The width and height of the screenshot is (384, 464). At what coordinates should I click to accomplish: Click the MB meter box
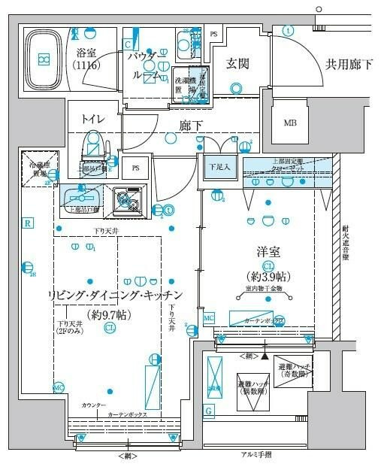point(289,123)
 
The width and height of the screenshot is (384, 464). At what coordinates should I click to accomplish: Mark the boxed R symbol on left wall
point(27,223)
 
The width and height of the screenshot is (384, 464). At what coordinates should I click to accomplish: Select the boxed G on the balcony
point(208,410)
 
